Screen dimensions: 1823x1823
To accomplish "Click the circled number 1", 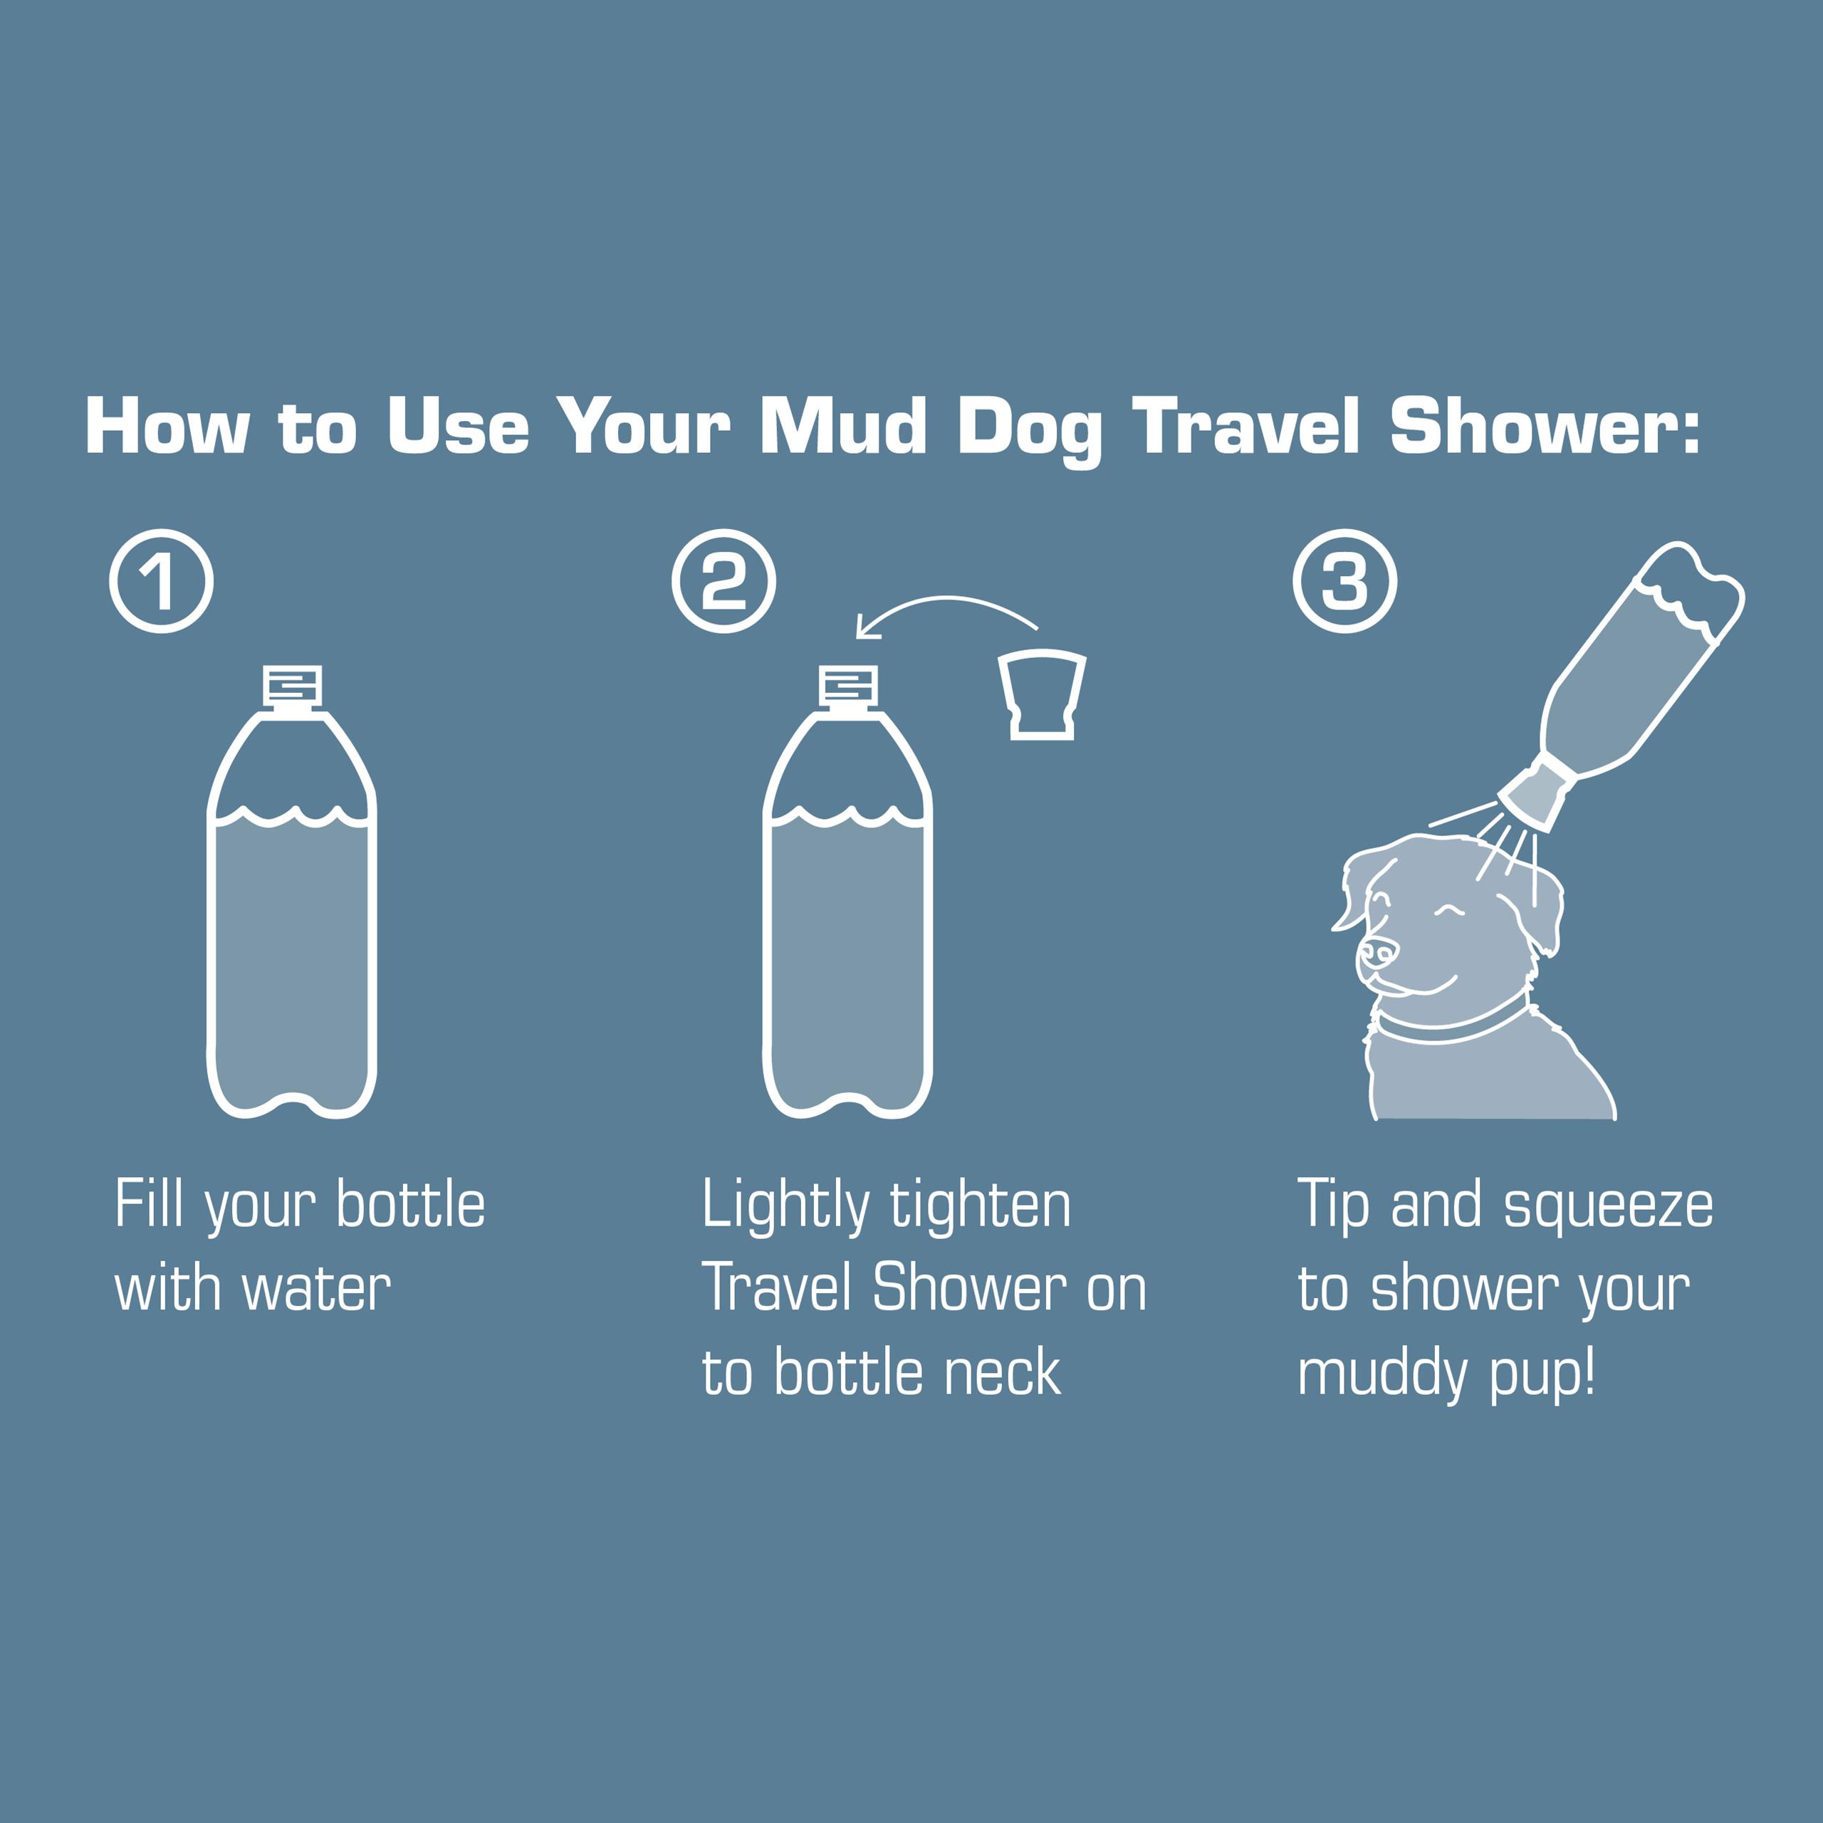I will pyautogui.click(x=162, y=581).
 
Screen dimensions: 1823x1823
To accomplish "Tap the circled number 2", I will pyautogui.click(x=724, y=581).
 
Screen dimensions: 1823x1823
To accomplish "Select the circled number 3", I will pyautogui.click(x=1344, y=581).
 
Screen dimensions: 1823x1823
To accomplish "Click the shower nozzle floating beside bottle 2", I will pyautogui.click(x=1042, y=694).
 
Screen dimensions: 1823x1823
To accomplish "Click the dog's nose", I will pyautogui.click(x=1379, y=954).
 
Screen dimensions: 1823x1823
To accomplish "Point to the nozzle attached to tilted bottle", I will pyautogui.click(x=1536, y=795).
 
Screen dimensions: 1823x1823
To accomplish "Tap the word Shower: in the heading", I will pyautogui.click(x=1545, y=427).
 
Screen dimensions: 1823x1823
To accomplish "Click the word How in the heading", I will pyautogui.click(x=167, y=427).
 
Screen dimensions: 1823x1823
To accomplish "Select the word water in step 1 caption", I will pyautogui.click(x=316, y=1289).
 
